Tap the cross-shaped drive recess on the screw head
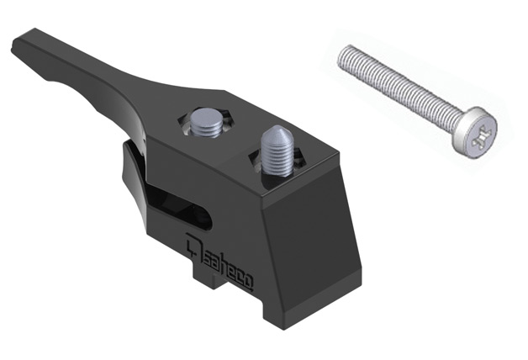483,138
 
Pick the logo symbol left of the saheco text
194,246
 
